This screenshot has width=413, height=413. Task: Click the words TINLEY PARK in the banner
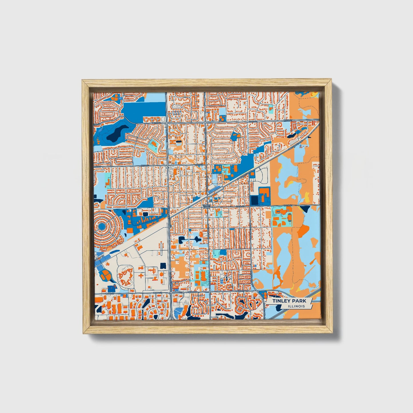[x=289, y=301]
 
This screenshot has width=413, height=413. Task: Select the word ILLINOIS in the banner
[x=296, y=306]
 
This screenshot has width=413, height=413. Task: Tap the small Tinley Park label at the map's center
[x=206, y=206]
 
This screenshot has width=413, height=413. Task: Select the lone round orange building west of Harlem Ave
[x=161, y=274]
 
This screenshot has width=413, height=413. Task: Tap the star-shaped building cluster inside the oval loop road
[x=126, y=277]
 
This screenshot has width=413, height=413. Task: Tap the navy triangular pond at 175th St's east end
[x=304, y=209]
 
